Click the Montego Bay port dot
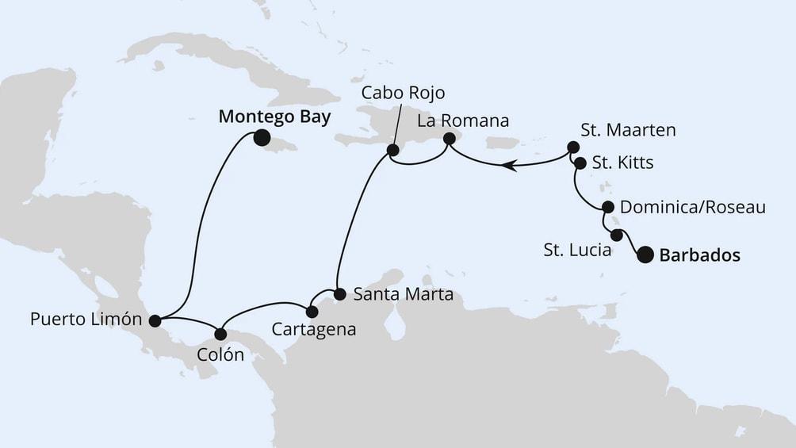[x=262, y=138]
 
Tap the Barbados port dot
[x=645, y=255]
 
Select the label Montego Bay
[x=274, y=117]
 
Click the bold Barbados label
[x=699, y=255]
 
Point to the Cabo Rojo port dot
[x=391, y=150]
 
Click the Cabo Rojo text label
[x=399, y=92]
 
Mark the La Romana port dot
[x=449, y=139]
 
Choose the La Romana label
[x=462, y=120]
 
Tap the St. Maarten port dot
[x=572, y=148]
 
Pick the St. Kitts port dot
[x=580, y=163]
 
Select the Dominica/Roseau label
[x=692, y=208]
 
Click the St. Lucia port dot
[x=617, y=235]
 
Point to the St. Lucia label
[x=577, y=251]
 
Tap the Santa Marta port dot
[x=339, y=294]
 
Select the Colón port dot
[x=221, y=334]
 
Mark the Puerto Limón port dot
[x=155, y=321]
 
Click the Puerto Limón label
[x=86, y=320]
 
